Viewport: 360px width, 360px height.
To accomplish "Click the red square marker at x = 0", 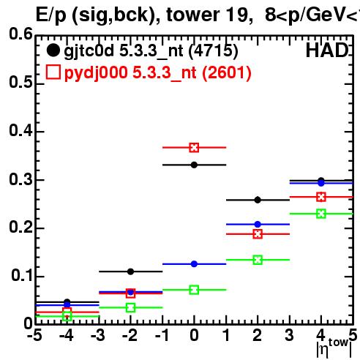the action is (194, 148).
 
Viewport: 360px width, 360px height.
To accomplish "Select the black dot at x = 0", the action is (194, 165).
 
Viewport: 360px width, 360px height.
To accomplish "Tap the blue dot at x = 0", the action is (194, 264).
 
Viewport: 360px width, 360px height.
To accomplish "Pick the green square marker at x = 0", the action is (194, 290).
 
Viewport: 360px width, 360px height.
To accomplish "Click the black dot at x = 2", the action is (258, 200).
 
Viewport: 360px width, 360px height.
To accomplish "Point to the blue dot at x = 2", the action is (258, 224).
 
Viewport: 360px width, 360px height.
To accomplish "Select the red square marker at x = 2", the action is (258, 234).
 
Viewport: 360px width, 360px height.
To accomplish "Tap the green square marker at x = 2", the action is (258, 260).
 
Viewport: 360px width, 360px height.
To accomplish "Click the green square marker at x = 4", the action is (321, 214).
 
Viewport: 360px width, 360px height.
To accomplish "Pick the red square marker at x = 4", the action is (321, 197).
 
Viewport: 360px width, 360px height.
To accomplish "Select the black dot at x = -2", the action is (130, 271).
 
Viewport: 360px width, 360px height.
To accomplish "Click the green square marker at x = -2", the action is (130, 307).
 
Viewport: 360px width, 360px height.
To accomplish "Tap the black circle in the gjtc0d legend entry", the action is (53, 50).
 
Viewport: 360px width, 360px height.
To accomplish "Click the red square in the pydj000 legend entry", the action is (53, 72).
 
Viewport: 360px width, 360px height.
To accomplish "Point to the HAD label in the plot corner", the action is (327, 50).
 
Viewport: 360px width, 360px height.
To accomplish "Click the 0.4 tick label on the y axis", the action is (20, 130).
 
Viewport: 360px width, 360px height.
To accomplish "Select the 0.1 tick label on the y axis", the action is (22, 275).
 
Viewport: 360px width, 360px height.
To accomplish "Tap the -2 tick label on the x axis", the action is (130, 335).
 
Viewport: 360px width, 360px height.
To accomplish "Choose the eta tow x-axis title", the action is (334, 348).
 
